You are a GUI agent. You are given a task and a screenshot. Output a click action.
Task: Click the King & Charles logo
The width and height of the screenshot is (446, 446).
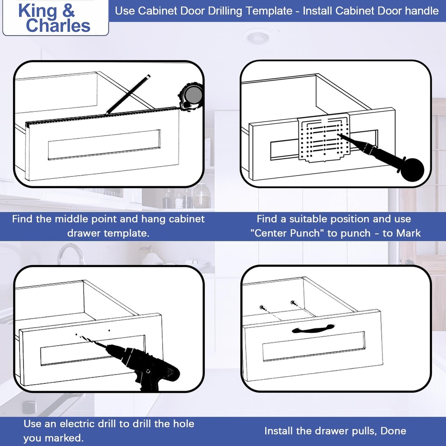tap(54, 18)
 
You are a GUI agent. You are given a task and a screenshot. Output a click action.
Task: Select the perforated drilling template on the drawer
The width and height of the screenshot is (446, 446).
tap(324, 139)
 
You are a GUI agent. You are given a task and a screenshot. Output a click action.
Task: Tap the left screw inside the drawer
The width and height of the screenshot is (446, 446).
tap(263, 307)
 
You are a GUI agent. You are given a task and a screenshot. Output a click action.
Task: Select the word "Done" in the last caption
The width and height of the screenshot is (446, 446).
tap(393, 431)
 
